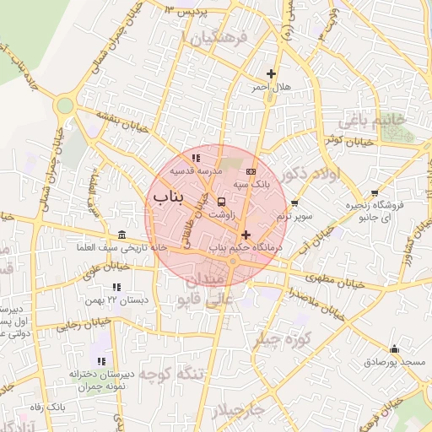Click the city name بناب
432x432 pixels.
[x=168, y=197]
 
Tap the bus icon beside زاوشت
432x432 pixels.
[x=221, y=202]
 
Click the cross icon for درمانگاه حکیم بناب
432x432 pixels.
[x=246, y=235]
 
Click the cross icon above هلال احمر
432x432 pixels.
[x=271, y=74]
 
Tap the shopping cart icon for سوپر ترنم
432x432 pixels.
[x=294, y=203]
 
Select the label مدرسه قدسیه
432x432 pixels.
[x=195, y=170]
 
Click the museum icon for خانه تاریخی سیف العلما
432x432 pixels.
[x=122, y=235]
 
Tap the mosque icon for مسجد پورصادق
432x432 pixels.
[x=393, y=348]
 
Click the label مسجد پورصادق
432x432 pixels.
[x=400, y=362]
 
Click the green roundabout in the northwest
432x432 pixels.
[x=64, y=105]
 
